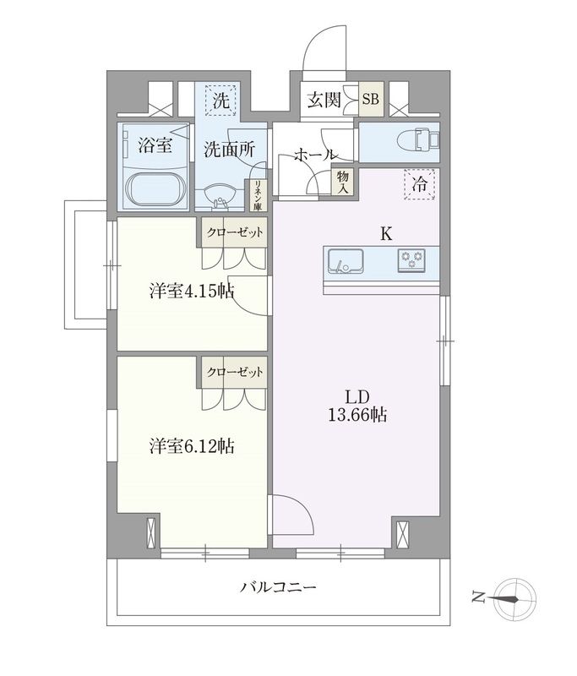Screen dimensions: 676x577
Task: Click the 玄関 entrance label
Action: [x=324, y=100]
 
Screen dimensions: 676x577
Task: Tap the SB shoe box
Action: [x=371, y=100]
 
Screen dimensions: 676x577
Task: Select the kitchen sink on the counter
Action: [x=345, y=260]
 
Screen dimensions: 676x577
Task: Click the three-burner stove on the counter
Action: [x=413, y=260]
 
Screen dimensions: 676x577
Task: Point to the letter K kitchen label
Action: [x=385, y=234]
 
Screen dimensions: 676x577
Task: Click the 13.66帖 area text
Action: [x=364, y=416]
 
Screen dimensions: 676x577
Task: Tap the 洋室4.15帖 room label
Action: [x=192, y=292]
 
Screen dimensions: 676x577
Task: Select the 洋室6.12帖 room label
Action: [x=192, y=446]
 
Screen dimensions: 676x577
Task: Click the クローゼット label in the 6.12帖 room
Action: [x=234, y=370]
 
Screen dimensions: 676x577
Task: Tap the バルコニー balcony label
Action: [x=278, y=586]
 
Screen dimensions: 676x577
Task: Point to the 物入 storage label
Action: [x=342, y=181]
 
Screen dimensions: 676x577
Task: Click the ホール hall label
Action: [x=316, y=155]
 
